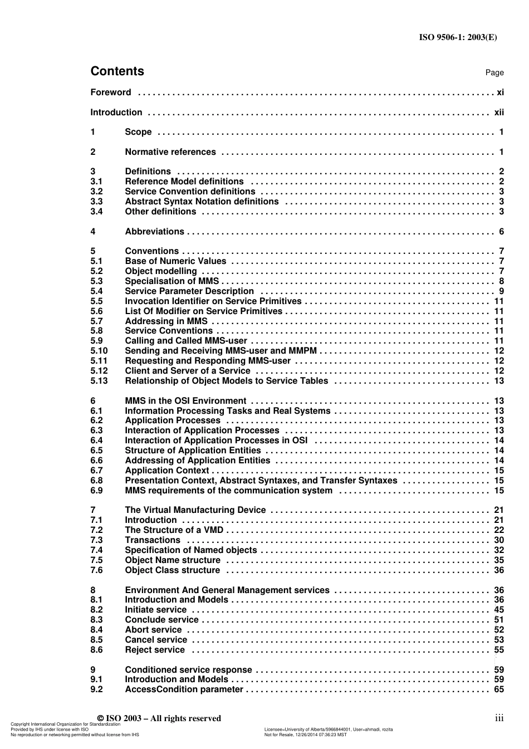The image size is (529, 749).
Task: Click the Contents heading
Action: (x=117, y=71)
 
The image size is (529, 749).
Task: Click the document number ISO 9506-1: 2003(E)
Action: (x=458, y=37)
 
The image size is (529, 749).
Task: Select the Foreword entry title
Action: (x=111, y=92)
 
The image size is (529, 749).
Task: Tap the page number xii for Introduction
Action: (x=499, y=112)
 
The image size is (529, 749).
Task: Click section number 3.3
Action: (x=96, y=202)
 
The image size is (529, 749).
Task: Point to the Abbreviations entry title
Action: (x=154, y=232)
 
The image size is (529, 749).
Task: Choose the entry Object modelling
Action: (x=161, y=271)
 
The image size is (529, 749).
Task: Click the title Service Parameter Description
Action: (x=189, y=291)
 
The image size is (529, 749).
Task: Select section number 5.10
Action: (x=99, y=351)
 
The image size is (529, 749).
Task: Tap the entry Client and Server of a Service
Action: (x=188, y=371)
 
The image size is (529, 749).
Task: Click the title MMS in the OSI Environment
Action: (x=185, y=401)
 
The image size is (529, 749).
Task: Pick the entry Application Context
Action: (x=166, y=471)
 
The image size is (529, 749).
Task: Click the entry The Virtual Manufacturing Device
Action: (x=195, y=510)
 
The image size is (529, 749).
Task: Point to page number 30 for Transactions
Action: (x=499, y=540)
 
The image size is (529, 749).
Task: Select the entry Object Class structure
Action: (x=173, y=570)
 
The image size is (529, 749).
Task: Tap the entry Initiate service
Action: (x=155, y=610)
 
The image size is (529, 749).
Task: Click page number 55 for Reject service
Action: (x=499, y=650)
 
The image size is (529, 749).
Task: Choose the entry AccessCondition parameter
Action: (x=184, y=689)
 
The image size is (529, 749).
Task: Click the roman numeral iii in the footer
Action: (x=499, y=718)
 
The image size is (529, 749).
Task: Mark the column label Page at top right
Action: (x=494, y=73)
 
